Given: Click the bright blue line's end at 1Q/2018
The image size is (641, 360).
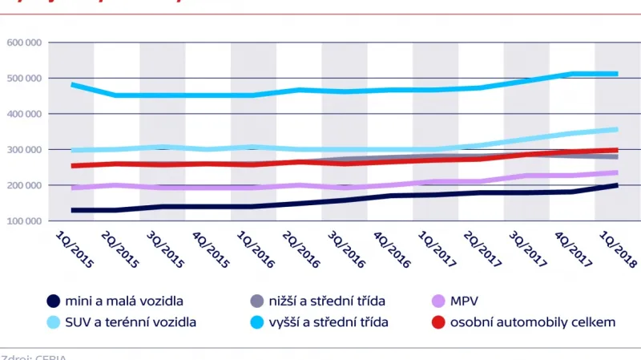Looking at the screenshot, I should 617,74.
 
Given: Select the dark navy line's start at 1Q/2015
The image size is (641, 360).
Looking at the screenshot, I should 72,210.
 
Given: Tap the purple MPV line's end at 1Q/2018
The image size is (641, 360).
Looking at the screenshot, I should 617,172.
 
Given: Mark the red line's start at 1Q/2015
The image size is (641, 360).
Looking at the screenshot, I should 72,166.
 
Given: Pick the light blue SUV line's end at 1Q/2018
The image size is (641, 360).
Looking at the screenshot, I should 617,129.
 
